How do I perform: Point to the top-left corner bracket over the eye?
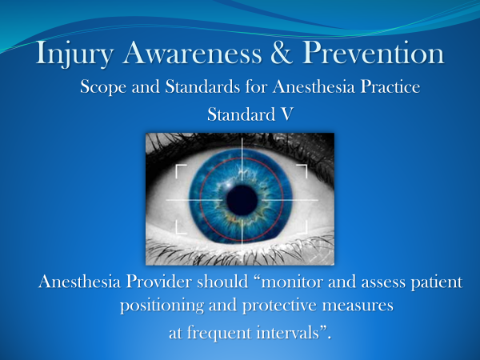180,169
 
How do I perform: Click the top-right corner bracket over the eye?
302,169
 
